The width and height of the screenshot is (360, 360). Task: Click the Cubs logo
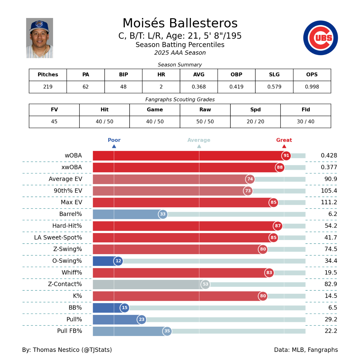pos(320,38)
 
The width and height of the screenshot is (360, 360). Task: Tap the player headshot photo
pos(40,38)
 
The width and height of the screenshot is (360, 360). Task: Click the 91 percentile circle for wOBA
pos(286,156)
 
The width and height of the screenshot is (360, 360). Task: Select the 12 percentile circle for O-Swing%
pos(118,261)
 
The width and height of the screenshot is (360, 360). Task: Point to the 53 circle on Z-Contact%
pos(205,284)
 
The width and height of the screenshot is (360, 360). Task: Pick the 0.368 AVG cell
pos(199,87)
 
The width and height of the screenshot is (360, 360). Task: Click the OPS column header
pos(312,75)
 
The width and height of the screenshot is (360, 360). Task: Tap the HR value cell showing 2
pos(161,87)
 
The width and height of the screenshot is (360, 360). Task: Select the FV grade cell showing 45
pos(54,121)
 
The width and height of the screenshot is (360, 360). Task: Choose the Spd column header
pos(255,110)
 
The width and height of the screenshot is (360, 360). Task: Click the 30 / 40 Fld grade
pos(305,121)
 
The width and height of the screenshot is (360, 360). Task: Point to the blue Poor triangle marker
pos(114,146)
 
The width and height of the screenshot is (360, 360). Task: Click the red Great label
pos(284,140)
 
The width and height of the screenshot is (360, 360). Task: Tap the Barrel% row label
pos(70,214)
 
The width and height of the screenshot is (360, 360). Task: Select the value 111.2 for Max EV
pos(329,202)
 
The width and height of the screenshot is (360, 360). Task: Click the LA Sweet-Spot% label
pos(58,238)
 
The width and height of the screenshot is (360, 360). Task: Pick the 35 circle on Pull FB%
pos(167,331)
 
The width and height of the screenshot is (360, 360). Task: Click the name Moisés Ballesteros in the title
pos(180,23)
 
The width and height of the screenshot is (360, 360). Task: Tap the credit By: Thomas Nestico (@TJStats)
pos(67,350)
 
